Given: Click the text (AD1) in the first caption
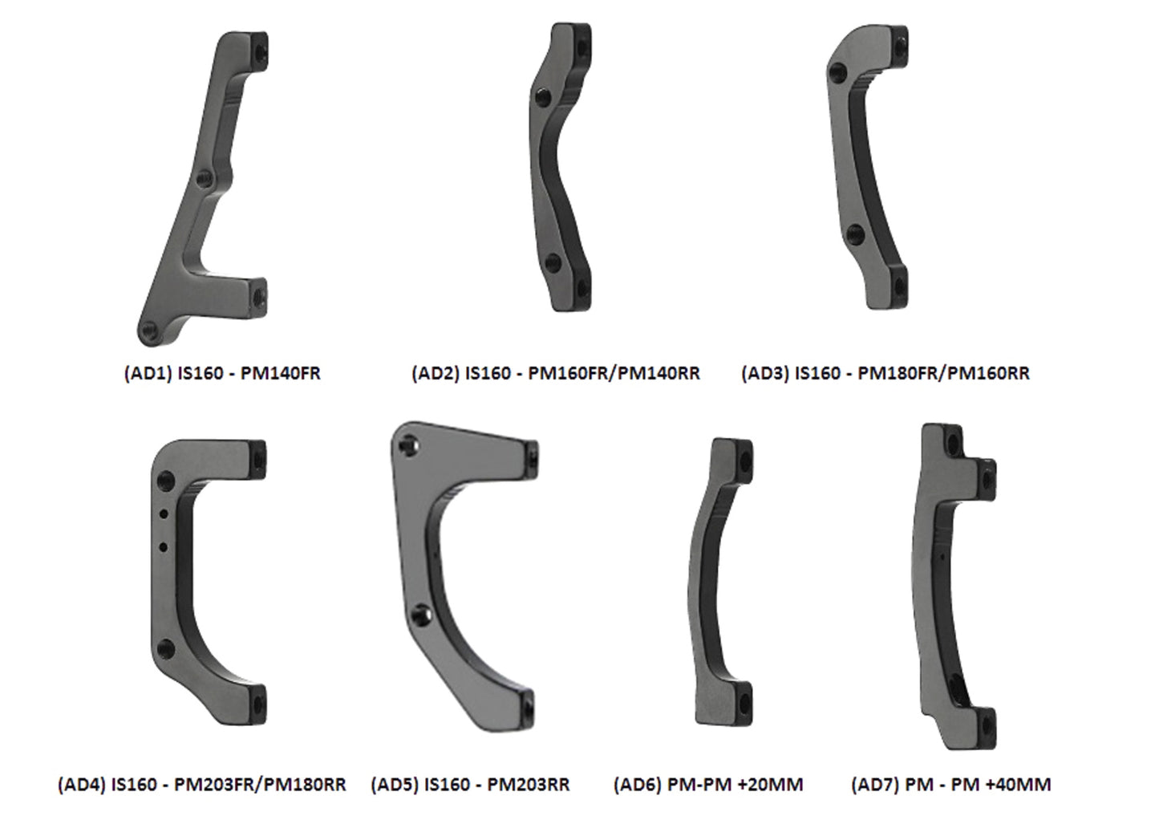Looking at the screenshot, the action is (148, 373).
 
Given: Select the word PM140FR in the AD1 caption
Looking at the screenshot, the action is (281, 373).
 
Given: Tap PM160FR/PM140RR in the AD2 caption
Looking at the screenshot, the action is (614, 373).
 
